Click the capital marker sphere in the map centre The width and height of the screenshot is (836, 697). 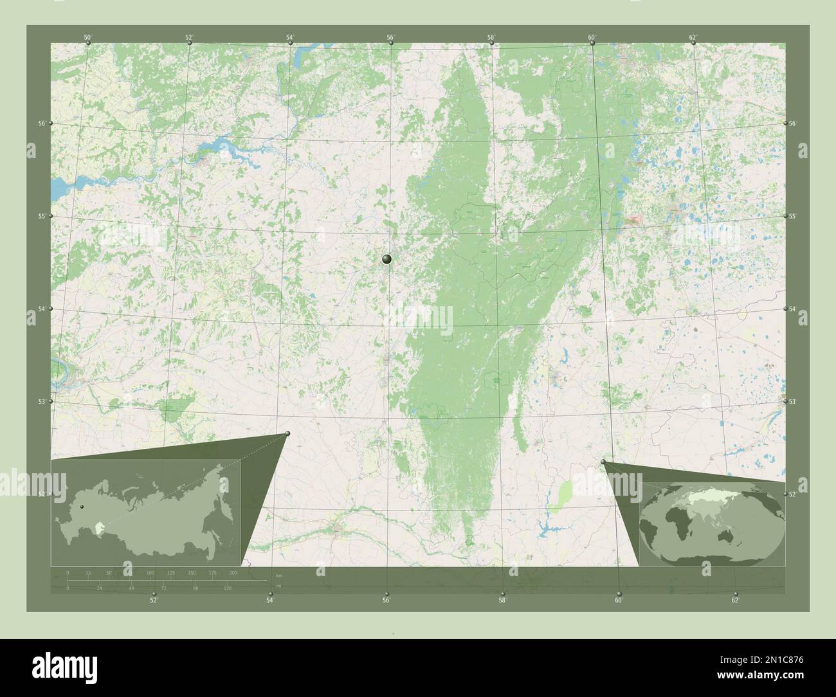[x=386, y=259]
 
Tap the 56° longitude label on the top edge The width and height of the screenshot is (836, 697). [x=390, y=37]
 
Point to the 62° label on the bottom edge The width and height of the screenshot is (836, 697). [x=735, y=601]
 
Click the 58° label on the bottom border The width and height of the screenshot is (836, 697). [x=502, y=601]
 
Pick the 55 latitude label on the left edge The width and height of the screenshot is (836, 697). [x=41, y=216]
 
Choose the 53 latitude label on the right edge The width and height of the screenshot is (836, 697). [x=793, y=401]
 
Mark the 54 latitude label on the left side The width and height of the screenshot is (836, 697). [x=41, y=309]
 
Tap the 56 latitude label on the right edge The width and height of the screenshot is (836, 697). [x=793, y=123]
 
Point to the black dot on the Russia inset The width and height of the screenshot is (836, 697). [x=82, y=507]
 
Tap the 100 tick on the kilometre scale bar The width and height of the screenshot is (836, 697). [x=150, y=572]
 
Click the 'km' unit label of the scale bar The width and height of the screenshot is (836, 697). [x=278, y=575]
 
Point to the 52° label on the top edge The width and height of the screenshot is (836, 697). [x=189, y=37]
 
